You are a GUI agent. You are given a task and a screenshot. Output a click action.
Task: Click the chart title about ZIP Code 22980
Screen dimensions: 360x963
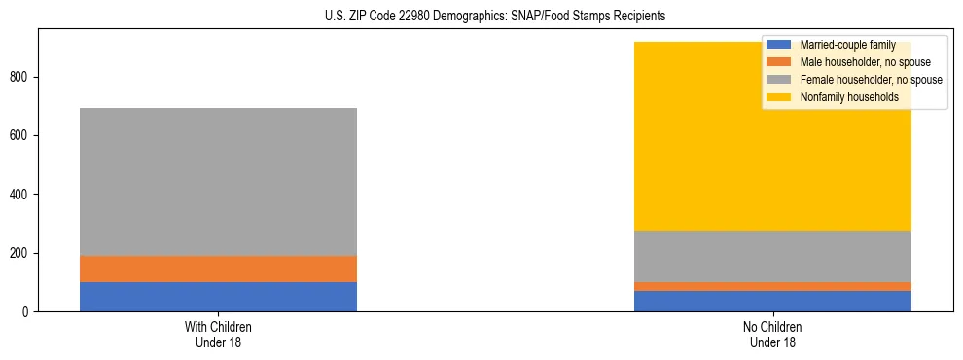click(x=495, y=17)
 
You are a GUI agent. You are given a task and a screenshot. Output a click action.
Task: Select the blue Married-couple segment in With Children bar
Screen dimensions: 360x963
click(x=218, y=297)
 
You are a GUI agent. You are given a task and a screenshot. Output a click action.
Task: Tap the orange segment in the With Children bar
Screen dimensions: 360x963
click(x=218, y=269)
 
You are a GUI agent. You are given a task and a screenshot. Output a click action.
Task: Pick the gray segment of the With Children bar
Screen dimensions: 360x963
click(x=218, y=182)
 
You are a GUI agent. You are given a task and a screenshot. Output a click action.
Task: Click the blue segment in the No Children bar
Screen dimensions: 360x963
click(x=773, y=301)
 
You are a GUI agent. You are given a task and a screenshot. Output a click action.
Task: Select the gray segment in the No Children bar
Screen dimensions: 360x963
click(x=773, y=256)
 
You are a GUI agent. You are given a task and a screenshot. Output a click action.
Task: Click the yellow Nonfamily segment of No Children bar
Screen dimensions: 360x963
click(x=681, y=156)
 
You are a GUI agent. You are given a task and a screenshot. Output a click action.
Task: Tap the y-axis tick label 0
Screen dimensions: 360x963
click(x=26, y=312)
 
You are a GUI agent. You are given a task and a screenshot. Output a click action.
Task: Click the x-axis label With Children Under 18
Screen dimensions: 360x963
click(x=218, y=335)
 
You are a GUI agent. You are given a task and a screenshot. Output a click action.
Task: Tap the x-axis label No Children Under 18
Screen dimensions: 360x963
click(x=773, y=335)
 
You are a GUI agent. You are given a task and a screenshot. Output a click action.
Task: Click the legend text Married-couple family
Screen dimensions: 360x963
click(x=847, y=45)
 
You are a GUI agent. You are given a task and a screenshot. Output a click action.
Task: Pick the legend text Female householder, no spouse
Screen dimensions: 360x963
click(x=870, y=80)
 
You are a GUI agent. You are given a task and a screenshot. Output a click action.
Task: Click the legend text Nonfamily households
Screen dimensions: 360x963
click(x=848, y=97)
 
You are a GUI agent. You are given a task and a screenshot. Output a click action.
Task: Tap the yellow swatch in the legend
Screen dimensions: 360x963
click(x=779, y=97)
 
